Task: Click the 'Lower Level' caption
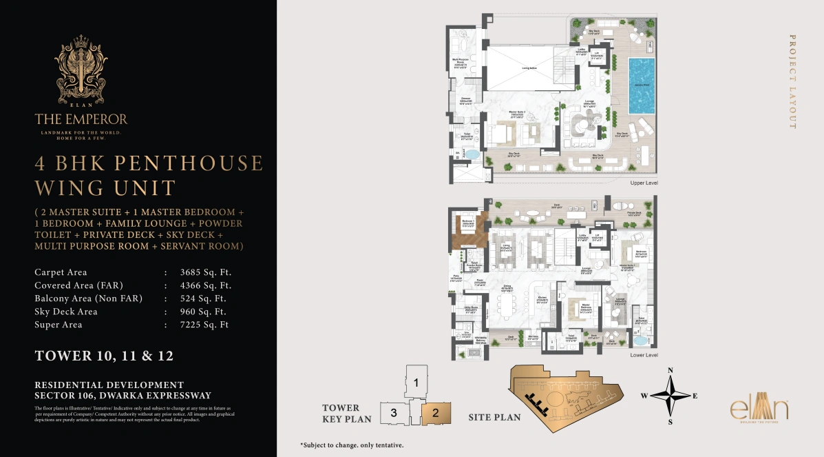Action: (x=644, y=355)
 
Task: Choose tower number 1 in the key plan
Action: (x=416, y=381)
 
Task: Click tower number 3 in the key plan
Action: (x=393, y=413)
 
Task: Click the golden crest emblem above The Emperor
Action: (x=81, y=68)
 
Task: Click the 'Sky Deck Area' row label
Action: (x=66, y=312)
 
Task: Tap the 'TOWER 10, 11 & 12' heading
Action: (x=104, y=356)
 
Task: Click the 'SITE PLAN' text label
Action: (x=494, y=417)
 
